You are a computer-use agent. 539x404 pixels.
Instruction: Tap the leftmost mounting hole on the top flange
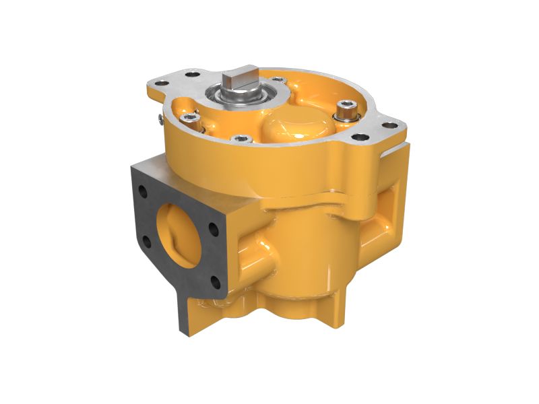click(x=162, y=83)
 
